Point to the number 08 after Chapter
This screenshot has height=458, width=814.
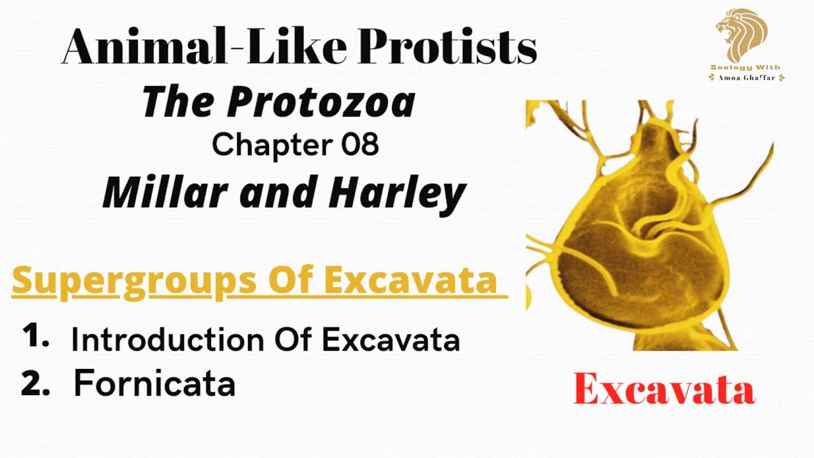click(361, 145)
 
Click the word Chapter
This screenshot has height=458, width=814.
click(273, 145)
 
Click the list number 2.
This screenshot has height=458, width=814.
click(36, 384)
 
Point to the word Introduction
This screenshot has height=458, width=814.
click(169, 340)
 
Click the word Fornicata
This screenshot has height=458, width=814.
click(155, 384)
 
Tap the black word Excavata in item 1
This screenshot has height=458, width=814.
click(390, 340)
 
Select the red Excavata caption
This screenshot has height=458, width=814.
click(664, 390)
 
